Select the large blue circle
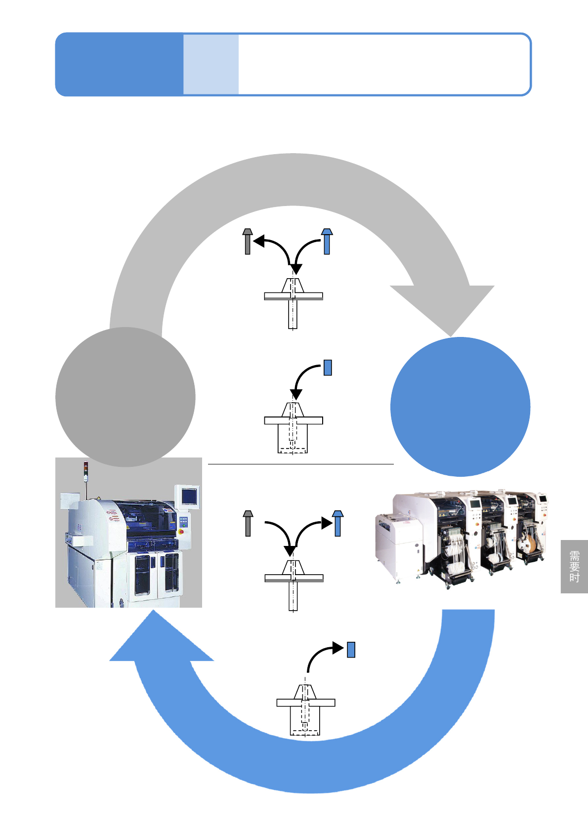coord(460,407)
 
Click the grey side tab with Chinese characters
coord(574,567)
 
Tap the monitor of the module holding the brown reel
coord(543,499)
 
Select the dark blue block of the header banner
coord(119,64)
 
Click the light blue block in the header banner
coord(211,64)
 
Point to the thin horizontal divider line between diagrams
coord(300,464)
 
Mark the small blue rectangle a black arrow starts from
coord(327,368)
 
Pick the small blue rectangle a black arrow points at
coord(351,649)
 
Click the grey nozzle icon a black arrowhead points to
coord(248,242)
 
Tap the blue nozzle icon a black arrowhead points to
coord(337,523)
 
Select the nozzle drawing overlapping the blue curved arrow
coord(305,709)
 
